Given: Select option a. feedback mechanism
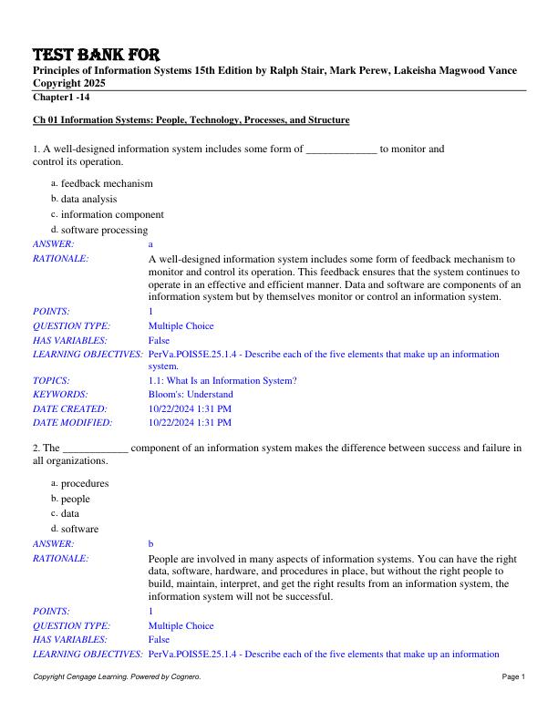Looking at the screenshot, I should click(107, 183).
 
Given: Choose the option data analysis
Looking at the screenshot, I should click(88, 199).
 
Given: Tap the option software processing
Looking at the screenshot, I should click(104, 230).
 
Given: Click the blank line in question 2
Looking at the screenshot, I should click(94, 449).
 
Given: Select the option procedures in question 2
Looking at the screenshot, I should click(84, 483).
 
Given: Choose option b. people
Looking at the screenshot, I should click(75, 499).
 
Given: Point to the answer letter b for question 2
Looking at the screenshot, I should click(151, 543).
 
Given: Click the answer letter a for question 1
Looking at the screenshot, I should click(151, 244).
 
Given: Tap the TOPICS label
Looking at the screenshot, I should click(52, 380).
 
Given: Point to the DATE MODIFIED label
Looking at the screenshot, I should click(72, 422).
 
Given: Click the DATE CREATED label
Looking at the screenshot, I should click(69, 408).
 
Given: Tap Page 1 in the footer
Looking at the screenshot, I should click(513, 703).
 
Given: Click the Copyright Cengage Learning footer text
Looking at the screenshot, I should click(117, 703).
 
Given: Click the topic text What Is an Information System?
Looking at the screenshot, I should click(222, 380).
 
